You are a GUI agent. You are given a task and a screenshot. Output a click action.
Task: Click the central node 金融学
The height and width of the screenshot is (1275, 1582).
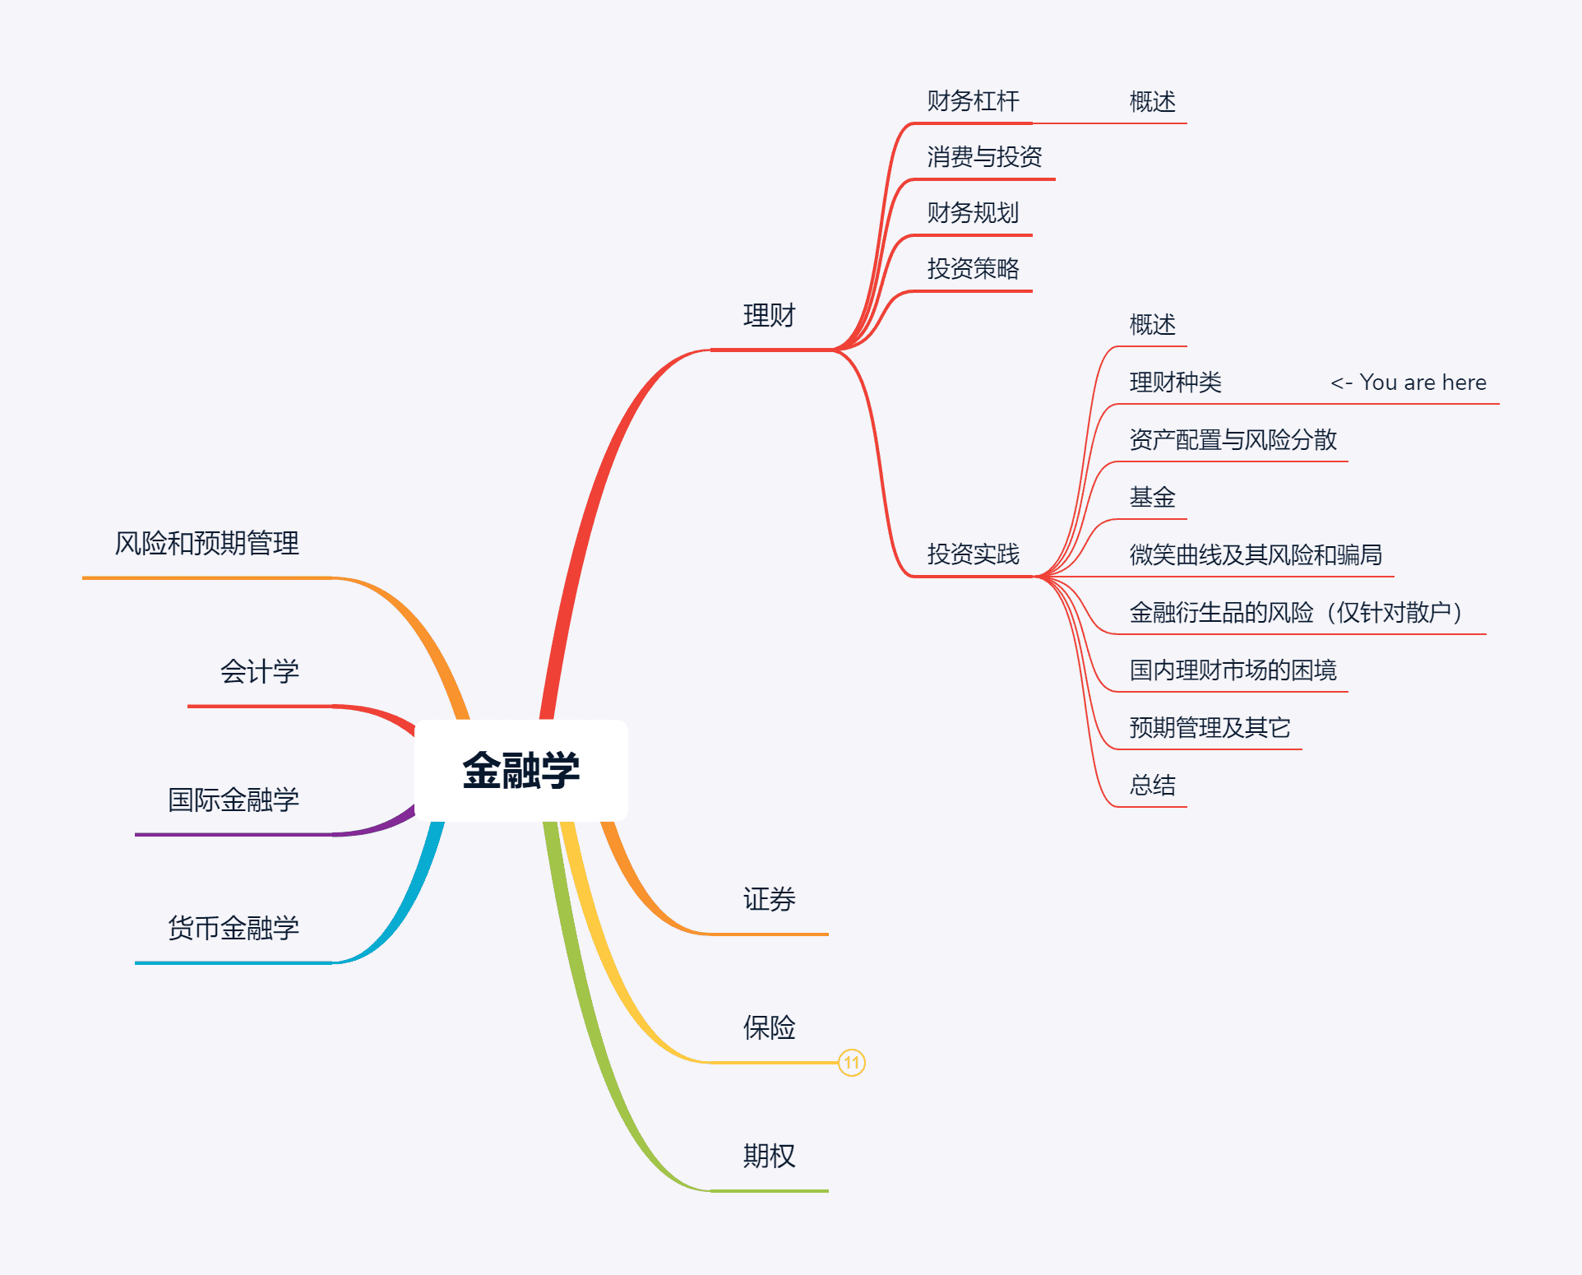pos(520,771)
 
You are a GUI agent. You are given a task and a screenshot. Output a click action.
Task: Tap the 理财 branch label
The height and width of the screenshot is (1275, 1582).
pos(769,316)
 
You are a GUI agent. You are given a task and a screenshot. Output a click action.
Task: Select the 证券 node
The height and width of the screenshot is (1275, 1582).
pos(769,899)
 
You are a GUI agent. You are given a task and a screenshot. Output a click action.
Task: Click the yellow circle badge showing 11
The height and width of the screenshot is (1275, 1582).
pos(851,1063)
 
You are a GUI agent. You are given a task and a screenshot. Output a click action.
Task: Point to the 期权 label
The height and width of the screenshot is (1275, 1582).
pos(769,1156)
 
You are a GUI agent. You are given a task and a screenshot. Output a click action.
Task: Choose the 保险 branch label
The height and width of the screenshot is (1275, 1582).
pos(769,1027)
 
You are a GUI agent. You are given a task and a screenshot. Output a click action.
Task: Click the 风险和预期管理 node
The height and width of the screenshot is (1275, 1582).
pos(206,543)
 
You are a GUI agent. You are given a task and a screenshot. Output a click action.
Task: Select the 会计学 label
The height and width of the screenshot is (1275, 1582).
pos(259,671)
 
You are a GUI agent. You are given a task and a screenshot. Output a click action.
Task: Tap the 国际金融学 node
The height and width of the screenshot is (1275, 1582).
pos(233,800)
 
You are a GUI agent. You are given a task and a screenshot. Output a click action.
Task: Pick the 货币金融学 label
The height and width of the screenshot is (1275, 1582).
pos(233,928)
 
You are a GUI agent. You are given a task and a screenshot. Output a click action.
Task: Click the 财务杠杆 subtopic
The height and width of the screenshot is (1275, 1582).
pos(973,101)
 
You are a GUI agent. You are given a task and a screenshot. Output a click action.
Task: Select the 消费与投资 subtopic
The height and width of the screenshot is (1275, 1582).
pos(984,157)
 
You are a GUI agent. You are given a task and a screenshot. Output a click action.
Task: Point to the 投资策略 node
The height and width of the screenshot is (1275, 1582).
pos(973,269)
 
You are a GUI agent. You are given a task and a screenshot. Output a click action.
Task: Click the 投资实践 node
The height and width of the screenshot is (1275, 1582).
pos(973,554)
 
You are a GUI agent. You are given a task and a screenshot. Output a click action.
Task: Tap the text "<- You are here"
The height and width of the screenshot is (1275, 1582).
pos(1408,382)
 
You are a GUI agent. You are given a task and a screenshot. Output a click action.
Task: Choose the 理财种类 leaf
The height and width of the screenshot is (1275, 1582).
pos(1175,382)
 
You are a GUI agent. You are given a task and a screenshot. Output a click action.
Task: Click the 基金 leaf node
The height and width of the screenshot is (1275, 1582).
pos(1152,498)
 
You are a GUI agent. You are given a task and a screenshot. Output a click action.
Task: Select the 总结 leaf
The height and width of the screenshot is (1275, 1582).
pos(1152,786)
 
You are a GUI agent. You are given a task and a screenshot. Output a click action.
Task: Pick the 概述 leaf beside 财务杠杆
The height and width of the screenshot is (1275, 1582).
pos(1152,102)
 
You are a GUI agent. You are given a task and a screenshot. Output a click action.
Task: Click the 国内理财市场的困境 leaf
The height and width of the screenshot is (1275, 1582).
pos(1233,670)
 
